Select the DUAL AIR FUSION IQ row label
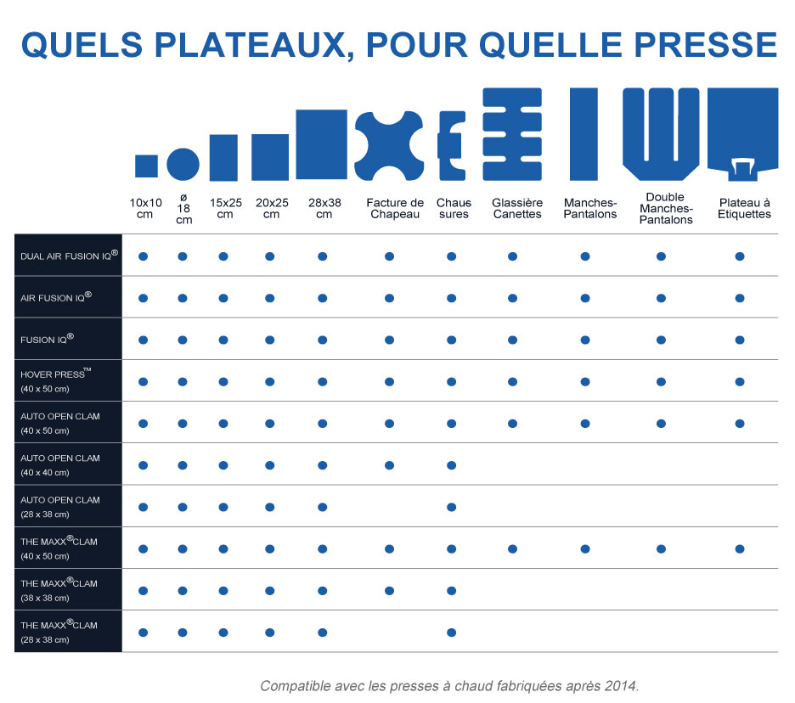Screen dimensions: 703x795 pyautogui.click(x=69, y=255)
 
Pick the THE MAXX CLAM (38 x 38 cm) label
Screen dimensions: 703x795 pyautogui.click(x=59, y=588)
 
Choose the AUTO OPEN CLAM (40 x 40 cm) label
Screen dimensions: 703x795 pyautogui.click(x=60, y=464)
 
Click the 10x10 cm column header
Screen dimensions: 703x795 pyautogui.click(x=145, y=208)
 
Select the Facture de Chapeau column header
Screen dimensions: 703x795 pyautogui.click(x=395, y=208)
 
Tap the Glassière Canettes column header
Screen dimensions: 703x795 pyautogui.click(x=516, y=208)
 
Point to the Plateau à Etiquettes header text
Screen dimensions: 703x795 pyautogui.click(x=744, y=208)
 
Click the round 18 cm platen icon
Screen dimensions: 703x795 pyautogui.click(x=183, y=163)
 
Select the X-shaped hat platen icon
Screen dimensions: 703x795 pyautogui.click(x=388, y=144)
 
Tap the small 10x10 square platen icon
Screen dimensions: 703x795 pyautogui.click(x=146, y=166)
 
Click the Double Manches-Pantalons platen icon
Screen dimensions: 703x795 pyautogui.click(x=661, y=129)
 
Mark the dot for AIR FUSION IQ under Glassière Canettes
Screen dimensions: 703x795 pyautogui.click(x=512, y=298)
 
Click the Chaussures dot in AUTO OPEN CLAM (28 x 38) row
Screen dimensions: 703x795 pyautogui.click(x=451, y=507)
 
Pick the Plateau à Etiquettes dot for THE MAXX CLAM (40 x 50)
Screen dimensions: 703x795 pyautogui.click(x=740, y=549)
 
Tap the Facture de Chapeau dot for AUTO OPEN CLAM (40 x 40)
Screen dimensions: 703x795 pyautogui.click(x=388, y=465)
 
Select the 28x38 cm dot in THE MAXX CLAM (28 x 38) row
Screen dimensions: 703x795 pyautogui.click(x=322, y=633)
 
